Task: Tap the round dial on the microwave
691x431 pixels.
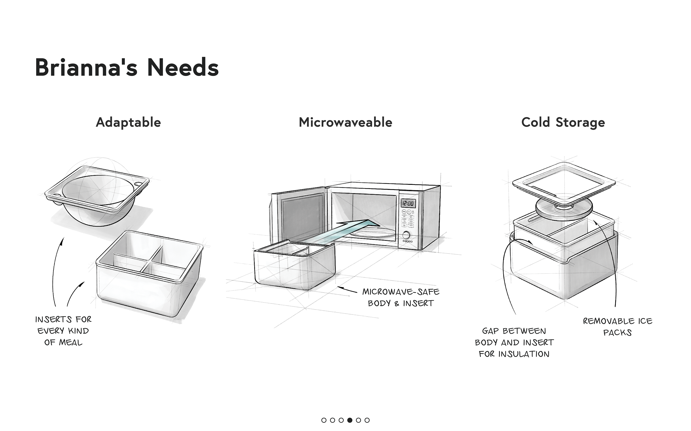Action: point(406,235)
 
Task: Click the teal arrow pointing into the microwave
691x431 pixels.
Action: point(351,230)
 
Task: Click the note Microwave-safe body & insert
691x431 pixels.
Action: point(401,297)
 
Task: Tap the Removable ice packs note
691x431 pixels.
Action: point(618,327)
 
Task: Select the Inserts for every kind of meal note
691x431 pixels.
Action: point(63,331)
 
